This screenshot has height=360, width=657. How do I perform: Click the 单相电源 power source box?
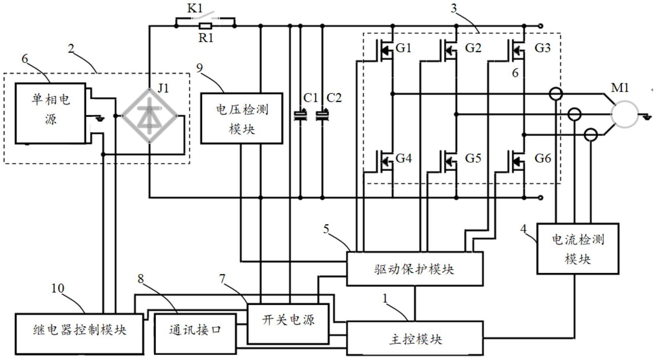[x=51, y=114]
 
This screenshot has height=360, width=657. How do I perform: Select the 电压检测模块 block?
[x=241, y=118]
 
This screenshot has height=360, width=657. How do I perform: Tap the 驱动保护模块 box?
[x=414, y=269]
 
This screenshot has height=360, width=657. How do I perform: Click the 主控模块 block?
[x=414, y=338]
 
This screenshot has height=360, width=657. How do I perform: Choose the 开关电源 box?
[x=288, y=324]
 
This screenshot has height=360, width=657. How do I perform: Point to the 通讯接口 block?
[x=195, y=334]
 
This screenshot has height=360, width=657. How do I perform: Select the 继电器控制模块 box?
[x=79, y=334]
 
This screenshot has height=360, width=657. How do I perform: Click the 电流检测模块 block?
[x=577, y=249]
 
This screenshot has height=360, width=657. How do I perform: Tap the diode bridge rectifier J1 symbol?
[x=150, y=115]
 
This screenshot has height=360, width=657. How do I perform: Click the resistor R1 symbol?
[x=206, y=26]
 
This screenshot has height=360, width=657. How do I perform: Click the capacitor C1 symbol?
[x=300, y=115]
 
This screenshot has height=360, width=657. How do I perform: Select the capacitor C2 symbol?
[x=322, y=115]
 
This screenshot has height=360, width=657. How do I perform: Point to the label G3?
[x=542, y=48]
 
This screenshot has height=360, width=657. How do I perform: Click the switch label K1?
[x=195, y=8]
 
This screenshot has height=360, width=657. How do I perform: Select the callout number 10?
[x=57, y=288]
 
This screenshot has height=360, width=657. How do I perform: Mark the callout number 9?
[x=200, y=68]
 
